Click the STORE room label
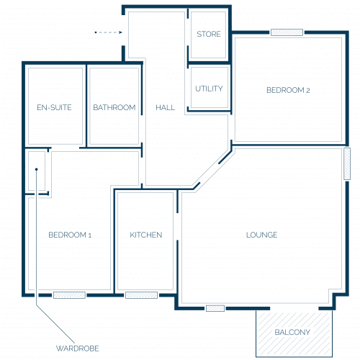pyautogui.click(x=209, y=34)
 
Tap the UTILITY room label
pyautogui.click(x=209, y=89)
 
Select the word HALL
pyautogui.click(x=165, y=107)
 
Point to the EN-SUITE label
pyautogui.click(x=54, y=107)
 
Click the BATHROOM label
pyautogui.click(x=114, y=107)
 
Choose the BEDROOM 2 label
pyautogui.click(x=288, y=90)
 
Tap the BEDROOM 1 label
pyautogui.click(x=70, y=235)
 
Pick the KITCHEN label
pyautogui.click(x=146, y=235)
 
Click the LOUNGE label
pyautogui.click(x=262, y=235)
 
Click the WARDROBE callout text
pyautogui.click(x=77, y=348)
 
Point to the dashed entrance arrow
pyautogui.click(x=109, y=32)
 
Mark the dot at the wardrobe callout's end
pyautogui.click(x=37, y=169)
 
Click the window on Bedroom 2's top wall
pyautogui.click(x=287, y=32)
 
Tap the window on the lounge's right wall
pyautogui.click(x=347, y=163)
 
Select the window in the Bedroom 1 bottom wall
pyautogui.click(x=69, y=295)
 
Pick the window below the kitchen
pyautogui.click(x=141, y=295)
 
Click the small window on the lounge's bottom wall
pyautogui.click(x=215, y=308)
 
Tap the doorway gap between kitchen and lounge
pyautogui.click(x=178, y=227)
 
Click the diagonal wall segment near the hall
pyautogui.click(x=225, y=158)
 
